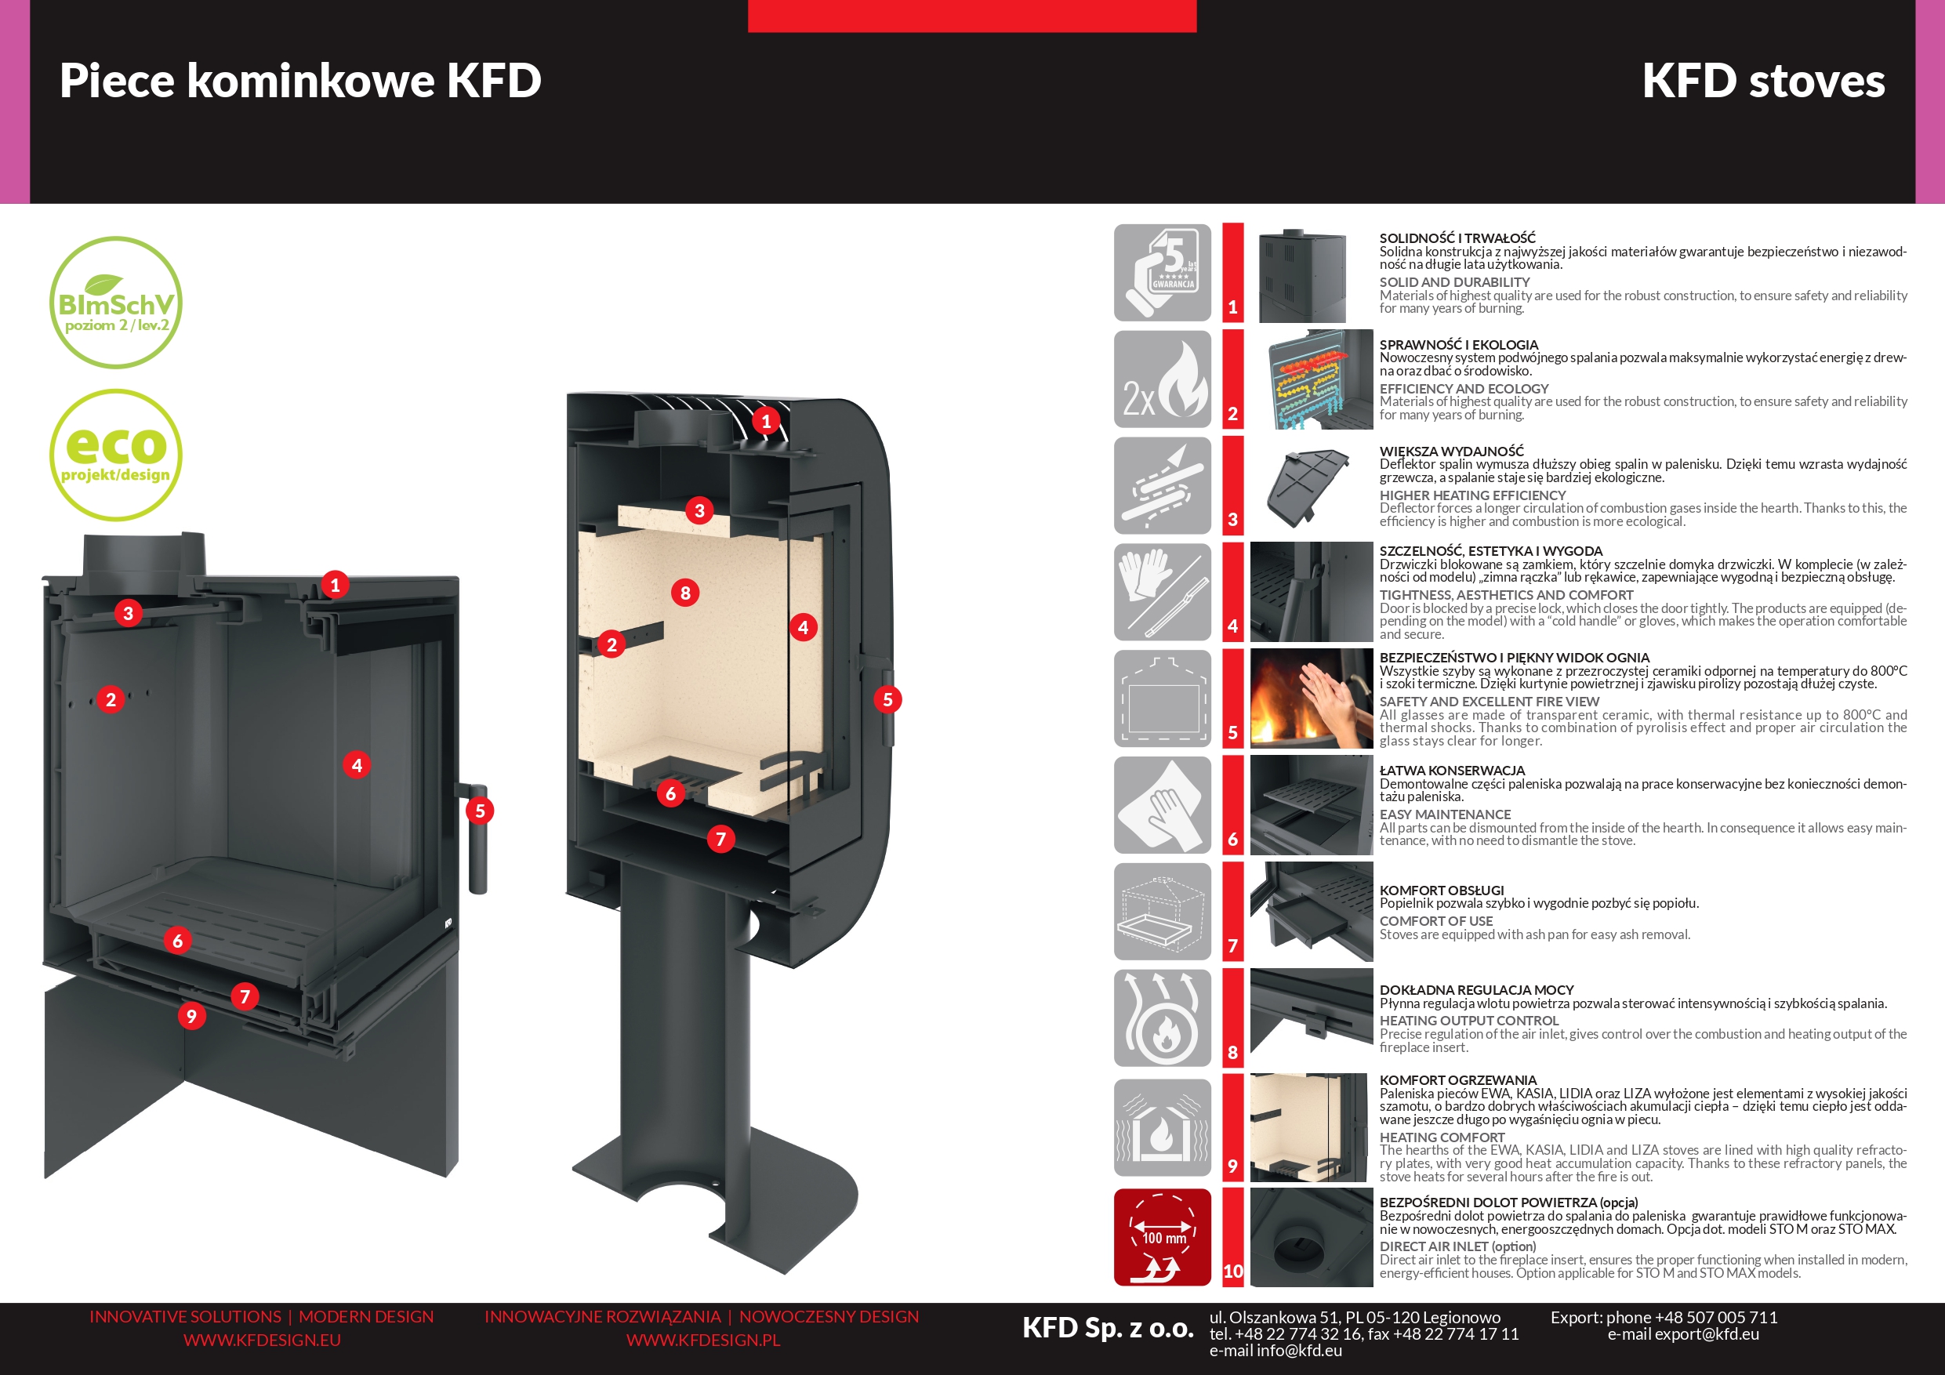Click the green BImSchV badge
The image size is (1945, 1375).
[x=116, y=303]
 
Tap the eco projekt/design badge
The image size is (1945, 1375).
[x=116, y=455]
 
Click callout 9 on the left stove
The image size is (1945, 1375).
[x=191, y=1016]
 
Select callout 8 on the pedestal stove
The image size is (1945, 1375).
[x=685, y=592]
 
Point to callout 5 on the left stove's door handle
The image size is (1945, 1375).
[x=480, y=811]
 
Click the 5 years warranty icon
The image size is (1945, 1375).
[x=1163, y=273]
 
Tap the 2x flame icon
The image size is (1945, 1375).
[x=1163, y=379]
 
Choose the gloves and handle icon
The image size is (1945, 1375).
[x=1163, y=592]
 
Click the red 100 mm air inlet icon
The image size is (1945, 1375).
[x=1163, y=1237]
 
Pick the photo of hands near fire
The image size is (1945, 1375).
[x=1312, y=699]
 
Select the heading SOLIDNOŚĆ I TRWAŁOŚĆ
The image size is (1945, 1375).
[x=1457, y=238]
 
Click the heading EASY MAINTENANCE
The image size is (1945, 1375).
[x=1445, y=814]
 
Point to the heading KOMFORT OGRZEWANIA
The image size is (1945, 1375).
[x=1458, y=1080]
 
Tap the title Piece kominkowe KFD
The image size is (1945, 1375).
[x=301, y=82]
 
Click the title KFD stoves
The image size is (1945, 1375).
[x=1763, y=82]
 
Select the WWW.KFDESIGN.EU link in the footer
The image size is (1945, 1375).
[x=262, y=1341]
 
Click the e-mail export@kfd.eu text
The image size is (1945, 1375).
[x=1683, y=1334]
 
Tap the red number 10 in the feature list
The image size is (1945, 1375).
[x=1233, y=1271]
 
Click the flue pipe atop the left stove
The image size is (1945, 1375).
[x=144, y=555]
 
